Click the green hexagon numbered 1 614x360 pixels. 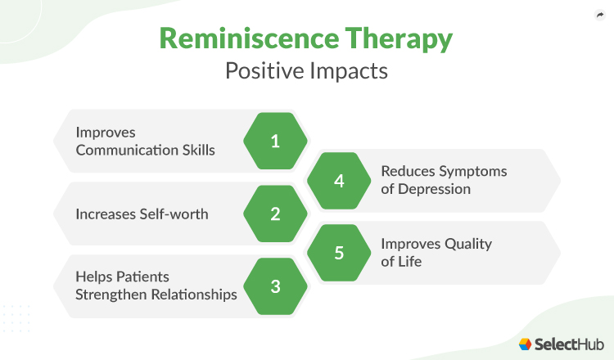pos(275,141)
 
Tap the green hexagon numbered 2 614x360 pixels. pos(275,214)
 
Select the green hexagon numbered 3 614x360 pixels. pos(275,286)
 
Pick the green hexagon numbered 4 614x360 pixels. pos(339,180)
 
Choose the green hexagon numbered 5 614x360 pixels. pos(339,253)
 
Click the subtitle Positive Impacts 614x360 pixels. pos(306,70)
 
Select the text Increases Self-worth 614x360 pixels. pos(142,214)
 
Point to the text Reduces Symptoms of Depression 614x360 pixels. pos(443,180)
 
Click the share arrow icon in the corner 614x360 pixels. pos(598,15)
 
